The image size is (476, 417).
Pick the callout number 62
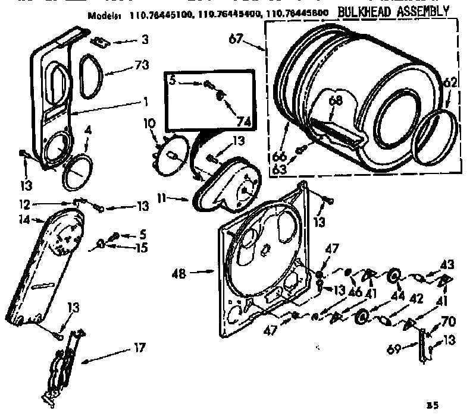pyautogui.click(x=450, y=84)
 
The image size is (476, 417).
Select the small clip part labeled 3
pyautogui.click(x=100, y=42)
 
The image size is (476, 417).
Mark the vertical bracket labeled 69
pyautogui.click(x=423, y=344)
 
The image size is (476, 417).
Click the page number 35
pyautogui.click(x=433, y=406)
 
